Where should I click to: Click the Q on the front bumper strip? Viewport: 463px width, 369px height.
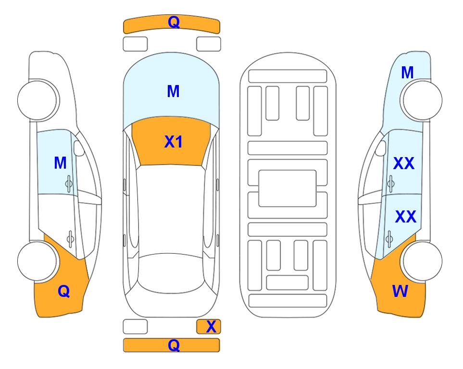click(x=174, y=22)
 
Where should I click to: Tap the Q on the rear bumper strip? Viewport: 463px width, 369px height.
click(x=174, y=345)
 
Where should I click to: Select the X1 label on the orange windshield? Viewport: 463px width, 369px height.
click(x=174, y=142)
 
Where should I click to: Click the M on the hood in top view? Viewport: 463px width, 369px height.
click(x=174, y=91)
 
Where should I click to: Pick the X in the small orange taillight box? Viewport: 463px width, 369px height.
click(x=211, y=327)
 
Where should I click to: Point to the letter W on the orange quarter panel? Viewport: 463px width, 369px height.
click(x=400, y=291)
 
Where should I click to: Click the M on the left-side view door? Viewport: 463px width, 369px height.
click(x=60, y=163)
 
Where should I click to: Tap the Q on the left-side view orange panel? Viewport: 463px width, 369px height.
click(x=64, y=292)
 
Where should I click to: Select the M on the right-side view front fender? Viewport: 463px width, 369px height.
click(x=407, y=73)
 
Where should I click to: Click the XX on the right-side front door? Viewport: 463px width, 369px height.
click(x=404, y=163)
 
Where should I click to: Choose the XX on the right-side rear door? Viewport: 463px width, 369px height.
click(x=406, y=216)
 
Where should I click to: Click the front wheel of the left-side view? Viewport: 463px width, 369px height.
click(x=38, y=100)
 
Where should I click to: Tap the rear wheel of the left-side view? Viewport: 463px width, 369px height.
click(x=38, y=261)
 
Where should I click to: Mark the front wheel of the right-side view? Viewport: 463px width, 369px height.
click(x=422, y=100)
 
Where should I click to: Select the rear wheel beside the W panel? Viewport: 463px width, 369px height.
click(x=422, y=261)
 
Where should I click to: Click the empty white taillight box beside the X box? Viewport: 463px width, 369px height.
click(x=135, y=327)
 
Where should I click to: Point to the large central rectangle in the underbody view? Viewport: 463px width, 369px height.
click(x=288, y=188)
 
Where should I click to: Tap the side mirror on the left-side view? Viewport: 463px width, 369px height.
click(x=79, y=148)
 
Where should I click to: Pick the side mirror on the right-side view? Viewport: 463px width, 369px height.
click(x=381, y=148)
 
